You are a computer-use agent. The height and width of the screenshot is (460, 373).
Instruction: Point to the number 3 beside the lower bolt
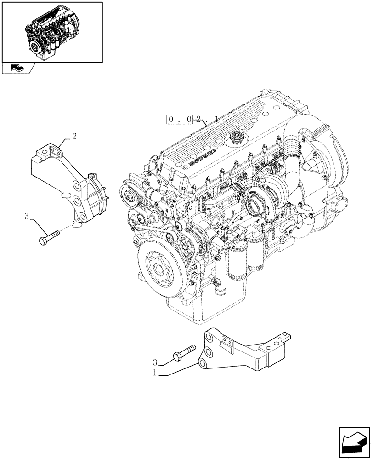156,362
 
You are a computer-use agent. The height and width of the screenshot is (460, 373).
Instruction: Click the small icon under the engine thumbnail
17,68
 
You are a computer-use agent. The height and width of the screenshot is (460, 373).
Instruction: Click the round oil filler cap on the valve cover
239,137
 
